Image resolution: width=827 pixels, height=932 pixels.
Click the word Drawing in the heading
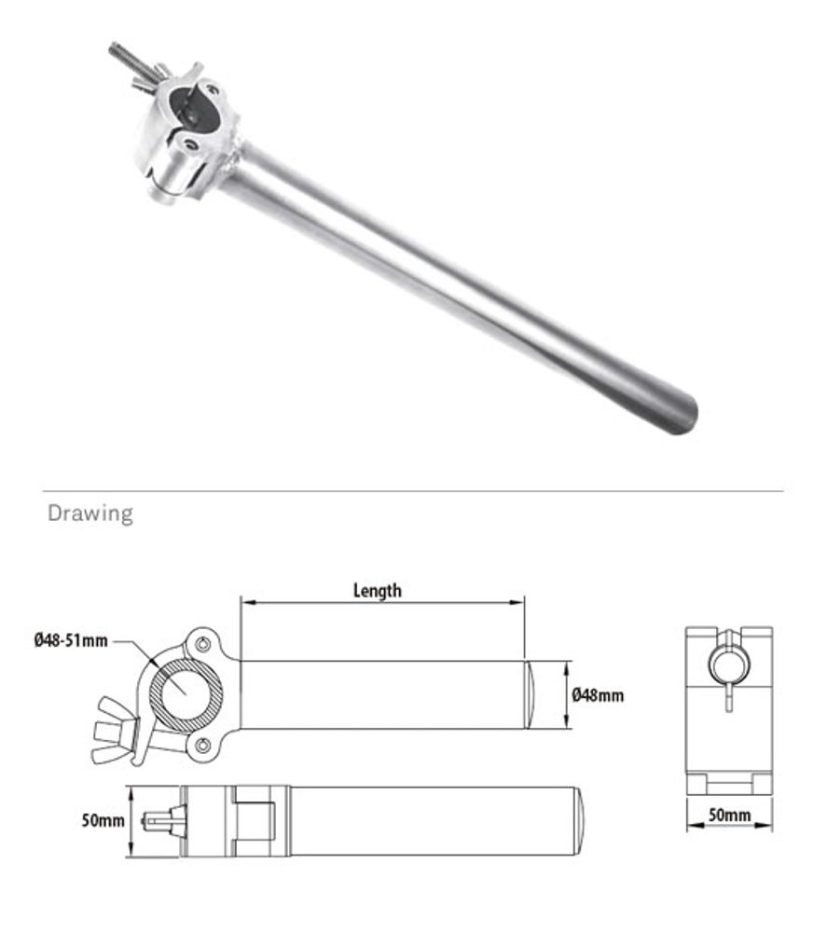90,514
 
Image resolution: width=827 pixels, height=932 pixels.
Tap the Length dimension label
378,590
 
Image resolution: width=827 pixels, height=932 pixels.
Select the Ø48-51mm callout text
71,640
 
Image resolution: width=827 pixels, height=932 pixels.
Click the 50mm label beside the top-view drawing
103,820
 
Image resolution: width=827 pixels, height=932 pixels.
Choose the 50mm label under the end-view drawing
729,815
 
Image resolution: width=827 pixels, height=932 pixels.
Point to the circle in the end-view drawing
728,663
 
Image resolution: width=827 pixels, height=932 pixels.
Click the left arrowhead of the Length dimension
245,602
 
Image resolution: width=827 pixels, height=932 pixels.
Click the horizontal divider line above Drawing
413,491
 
